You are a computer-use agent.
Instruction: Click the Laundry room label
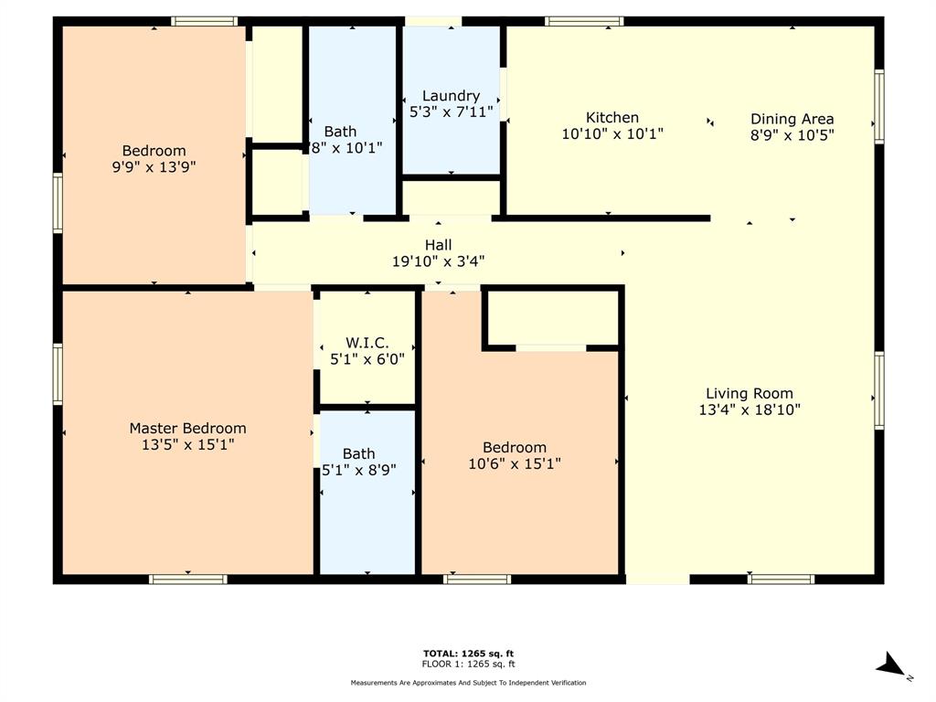click(x=451, y=96)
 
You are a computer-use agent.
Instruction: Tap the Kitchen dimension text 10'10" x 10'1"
click(x=612, y=133)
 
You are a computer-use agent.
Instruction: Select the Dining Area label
click(x=792, y=119)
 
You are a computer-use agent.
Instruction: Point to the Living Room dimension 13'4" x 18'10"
click(x=750, y=410)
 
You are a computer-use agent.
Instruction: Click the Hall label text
click(x=438, y=245)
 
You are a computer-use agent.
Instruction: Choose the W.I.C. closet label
click(x=367, y=343)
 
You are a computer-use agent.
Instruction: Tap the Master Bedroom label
click(x=187, y=428)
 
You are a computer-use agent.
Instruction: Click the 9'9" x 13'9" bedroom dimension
click(x=154, y=167)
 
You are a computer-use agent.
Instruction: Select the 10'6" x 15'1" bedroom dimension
click(x=515, y=463)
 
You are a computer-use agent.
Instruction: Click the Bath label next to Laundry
click(x=340, y=132)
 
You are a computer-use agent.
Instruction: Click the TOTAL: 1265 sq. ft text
click(x=467, y=653)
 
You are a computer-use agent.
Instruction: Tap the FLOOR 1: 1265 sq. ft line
click(x=467, y=664)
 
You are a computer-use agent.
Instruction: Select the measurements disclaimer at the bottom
click(x=468, y=683)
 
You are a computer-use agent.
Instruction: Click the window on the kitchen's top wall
click(x=584, y=21)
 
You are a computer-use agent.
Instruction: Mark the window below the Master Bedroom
click(x=187, y=579)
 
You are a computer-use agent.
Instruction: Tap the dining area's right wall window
click(x=879, y=107)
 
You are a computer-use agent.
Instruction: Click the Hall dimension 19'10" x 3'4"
click(x=438, y=261)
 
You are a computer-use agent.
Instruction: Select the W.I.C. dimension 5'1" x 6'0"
click(x=367, y=359)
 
